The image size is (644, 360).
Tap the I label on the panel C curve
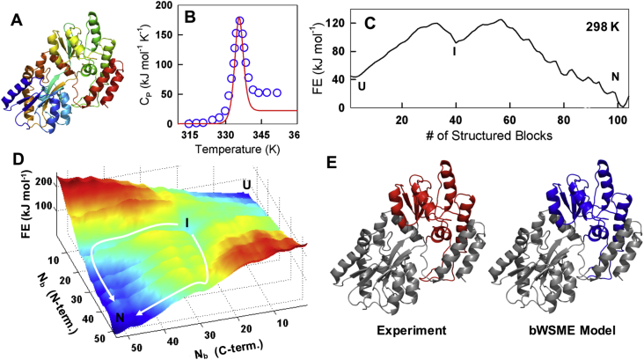pyautogui.click(x=454, y=51)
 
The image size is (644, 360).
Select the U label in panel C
pyautogui.click(x=361, y=86)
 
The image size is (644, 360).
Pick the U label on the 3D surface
pyautogui.click(x=248, y=186)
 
